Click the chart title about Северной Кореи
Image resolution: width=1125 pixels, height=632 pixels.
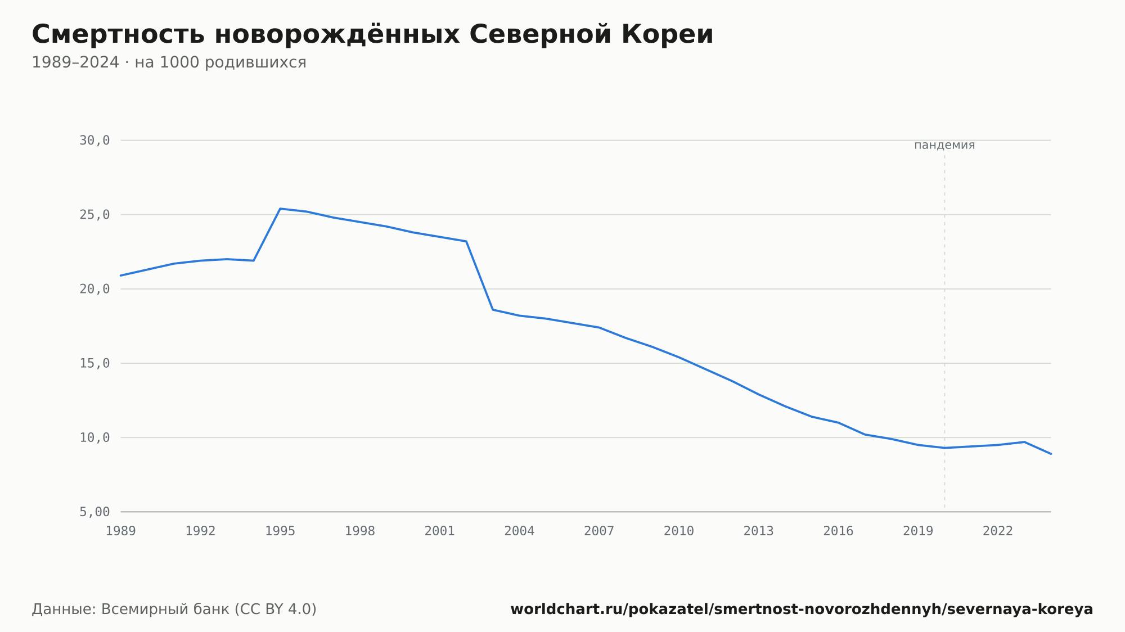tap(372, 34)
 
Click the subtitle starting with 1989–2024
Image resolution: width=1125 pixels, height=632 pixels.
tap(169, 62)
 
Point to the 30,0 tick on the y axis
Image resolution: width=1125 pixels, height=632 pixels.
tap(94, 141)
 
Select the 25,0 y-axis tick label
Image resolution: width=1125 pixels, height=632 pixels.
tap(94, 215)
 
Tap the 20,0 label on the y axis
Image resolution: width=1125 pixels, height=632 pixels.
tap(94, 289)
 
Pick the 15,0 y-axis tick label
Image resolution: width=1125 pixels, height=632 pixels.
tap(94, 363)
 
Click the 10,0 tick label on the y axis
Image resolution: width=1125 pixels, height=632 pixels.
tap(94, 437)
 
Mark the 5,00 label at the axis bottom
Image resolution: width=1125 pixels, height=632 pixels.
tap(94, 512)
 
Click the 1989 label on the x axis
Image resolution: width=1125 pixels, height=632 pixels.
tap(121, 531)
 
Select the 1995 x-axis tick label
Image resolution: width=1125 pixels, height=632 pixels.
tap(280, 531)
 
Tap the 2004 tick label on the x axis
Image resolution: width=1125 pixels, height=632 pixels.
tap(519, 531)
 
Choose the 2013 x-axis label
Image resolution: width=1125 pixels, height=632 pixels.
tap(759, 531)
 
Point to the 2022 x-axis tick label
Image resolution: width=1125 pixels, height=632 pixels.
tap(998, 531)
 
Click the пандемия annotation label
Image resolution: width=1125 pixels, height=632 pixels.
tap(944, 145)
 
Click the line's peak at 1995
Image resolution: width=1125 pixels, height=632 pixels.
tap(280, 209)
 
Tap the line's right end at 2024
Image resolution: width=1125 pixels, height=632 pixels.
tap(1051, 454)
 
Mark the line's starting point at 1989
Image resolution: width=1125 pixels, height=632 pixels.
tap(121, 276)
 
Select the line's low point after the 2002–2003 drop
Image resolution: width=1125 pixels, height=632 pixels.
tap(493, 310)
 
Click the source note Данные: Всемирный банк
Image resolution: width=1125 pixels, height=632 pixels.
tap(174, 610)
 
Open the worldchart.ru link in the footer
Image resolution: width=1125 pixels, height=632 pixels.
tap(802, 610)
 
